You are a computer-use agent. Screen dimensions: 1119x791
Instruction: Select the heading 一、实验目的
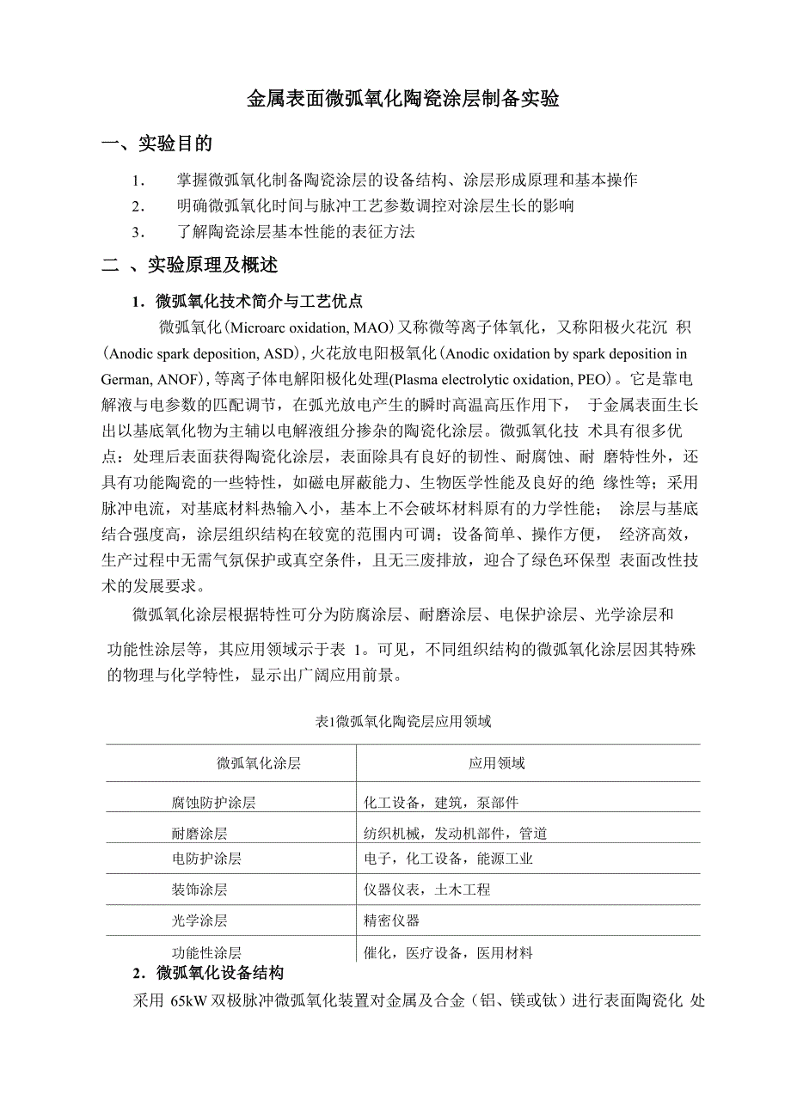point(157,144)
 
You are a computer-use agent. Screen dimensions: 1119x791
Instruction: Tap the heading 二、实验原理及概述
point(190,266)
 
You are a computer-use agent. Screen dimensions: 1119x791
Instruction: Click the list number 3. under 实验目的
point(136,232)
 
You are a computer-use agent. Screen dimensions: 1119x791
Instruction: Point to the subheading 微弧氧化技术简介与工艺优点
point(259,301)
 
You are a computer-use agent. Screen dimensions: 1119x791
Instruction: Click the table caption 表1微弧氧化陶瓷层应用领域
point(403,721)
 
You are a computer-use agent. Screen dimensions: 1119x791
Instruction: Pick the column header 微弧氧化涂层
point(259,763)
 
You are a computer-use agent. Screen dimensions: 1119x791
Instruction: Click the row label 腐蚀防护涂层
point(214,803)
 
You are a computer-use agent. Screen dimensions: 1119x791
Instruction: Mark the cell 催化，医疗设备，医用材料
point(449,952)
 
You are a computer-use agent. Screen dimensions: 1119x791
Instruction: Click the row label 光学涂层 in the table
point(199,920)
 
